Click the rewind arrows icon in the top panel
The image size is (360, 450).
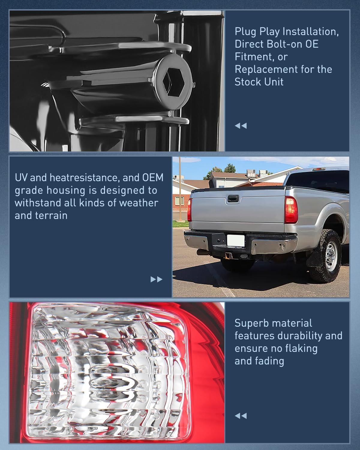point(241,126)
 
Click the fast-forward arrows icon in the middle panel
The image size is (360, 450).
point(156,279)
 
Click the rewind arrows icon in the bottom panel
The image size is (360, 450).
point(241,416)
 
